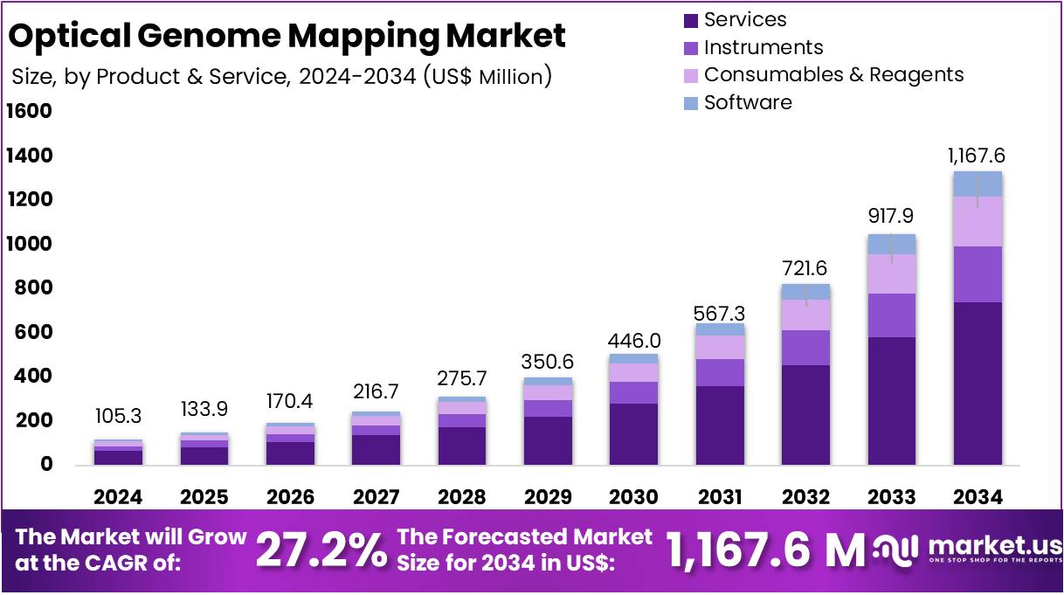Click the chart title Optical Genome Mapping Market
(287, 36)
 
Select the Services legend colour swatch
(691, 20)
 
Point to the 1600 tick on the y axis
(29, 112)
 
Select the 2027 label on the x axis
(375, 497)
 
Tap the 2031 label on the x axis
(720, 497)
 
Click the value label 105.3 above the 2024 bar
(117, 418)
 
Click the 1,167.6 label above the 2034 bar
(977, 156)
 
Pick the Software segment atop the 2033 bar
(891, 244)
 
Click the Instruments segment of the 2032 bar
(805, 348)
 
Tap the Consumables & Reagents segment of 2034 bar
(978, 221)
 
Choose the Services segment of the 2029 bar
(548, 440)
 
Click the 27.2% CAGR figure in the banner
(321, 550)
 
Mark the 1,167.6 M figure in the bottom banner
(765, 550)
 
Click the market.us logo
(961, 550)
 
